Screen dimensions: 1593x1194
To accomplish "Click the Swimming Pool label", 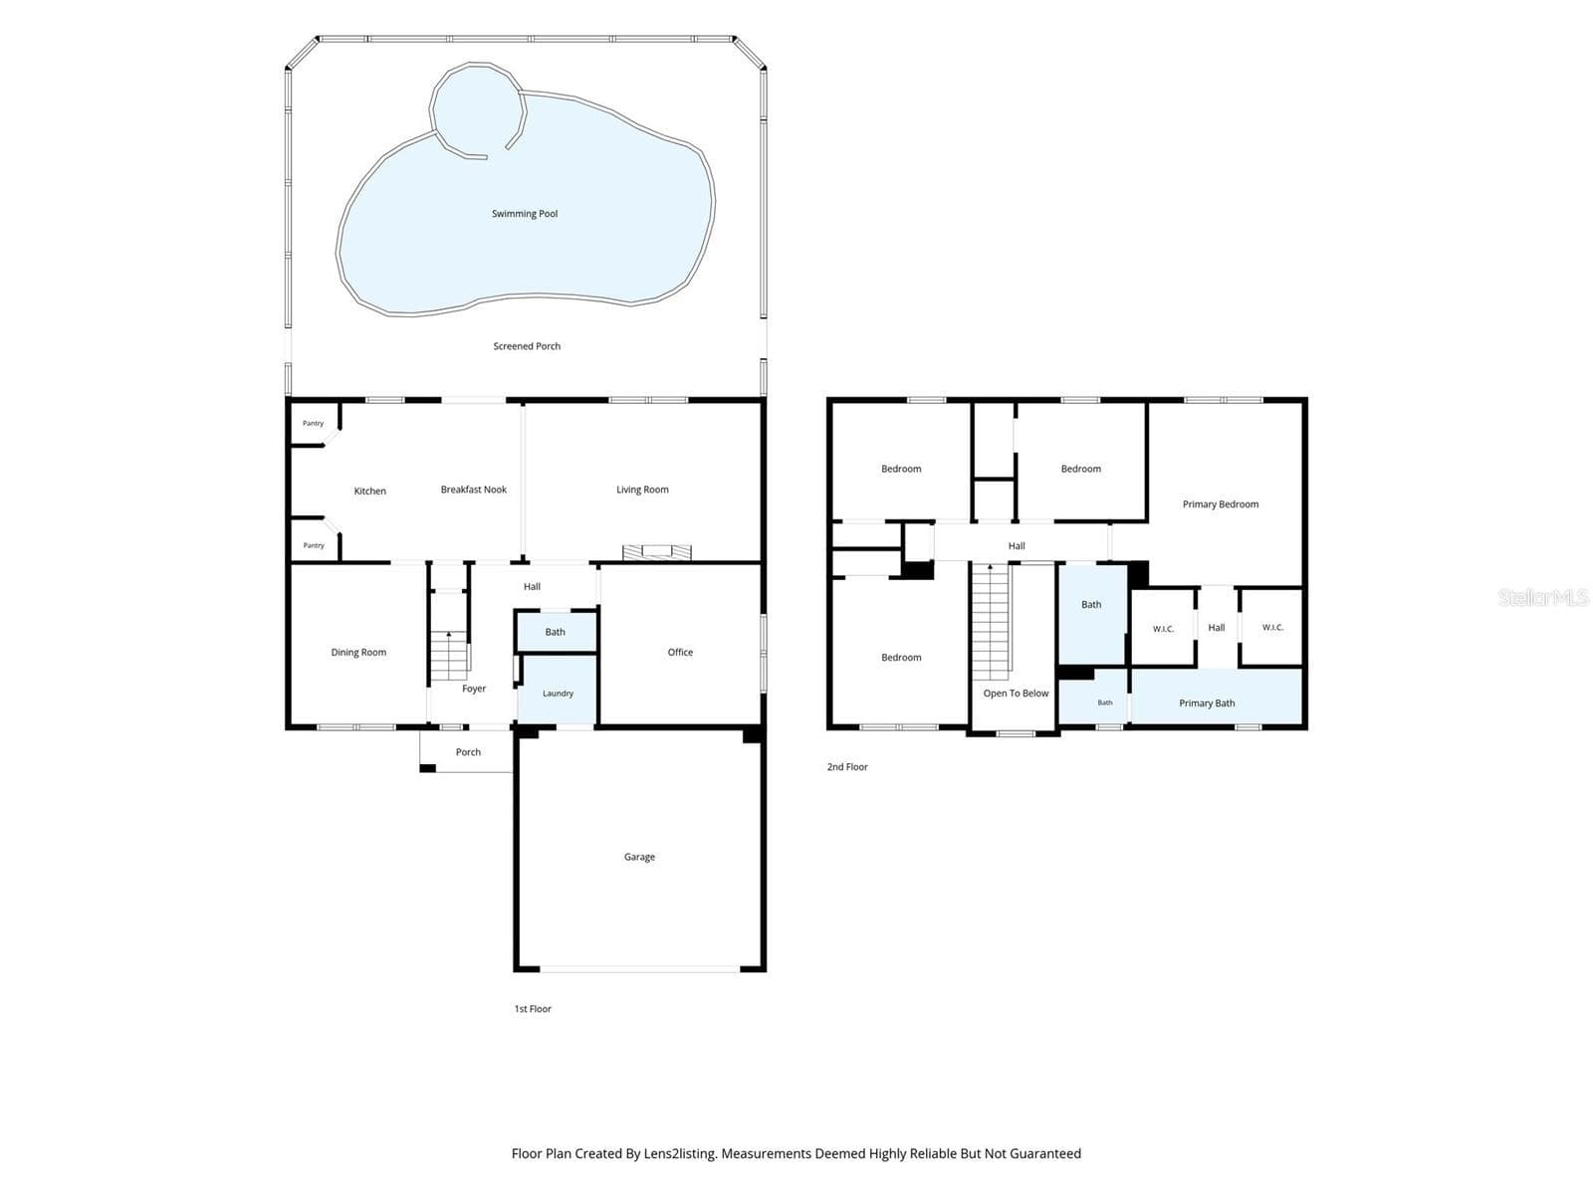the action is pos(524,213).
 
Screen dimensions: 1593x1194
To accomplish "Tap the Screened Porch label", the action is pos(526,346).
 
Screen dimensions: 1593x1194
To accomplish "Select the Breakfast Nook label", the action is pos(473,490).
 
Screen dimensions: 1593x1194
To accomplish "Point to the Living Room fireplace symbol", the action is pos(656,551).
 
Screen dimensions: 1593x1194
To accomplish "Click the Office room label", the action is pos(680,652).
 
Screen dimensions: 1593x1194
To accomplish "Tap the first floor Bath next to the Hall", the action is pos(556,632).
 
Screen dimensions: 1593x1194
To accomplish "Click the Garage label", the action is pos(639,856).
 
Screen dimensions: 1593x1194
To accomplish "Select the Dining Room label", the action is pos(358,652).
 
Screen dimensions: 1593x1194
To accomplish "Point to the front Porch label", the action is pos(468,752).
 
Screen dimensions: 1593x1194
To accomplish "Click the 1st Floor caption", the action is pos(533,1008).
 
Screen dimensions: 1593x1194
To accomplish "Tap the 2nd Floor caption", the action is pos(847,766).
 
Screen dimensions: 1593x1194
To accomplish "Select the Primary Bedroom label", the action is pos(1220,503).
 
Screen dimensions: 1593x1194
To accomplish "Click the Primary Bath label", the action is pos(1206,702).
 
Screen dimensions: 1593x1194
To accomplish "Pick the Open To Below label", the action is pos(1016,694).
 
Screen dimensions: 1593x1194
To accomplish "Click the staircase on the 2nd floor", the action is pos(991,622).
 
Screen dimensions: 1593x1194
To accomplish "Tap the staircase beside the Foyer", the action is pos(449,656).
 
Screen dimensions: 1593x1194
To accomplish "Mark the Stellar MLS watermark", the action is pos(1543,597).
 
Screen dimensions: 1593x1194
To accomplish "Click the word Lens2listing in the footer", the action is pos(679,1153).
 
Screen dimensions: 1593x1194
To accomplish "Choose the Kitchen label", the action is pos(369,491).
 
